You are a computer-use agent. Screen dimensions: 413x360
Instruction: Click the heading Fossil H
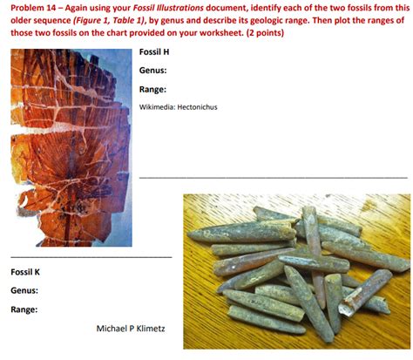coord(154,52)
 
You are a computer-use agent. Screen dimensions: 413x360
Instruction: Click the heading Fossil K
coord(25,272)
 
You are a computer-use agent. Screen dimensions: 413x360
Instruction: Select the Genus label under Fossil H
coord(152,71)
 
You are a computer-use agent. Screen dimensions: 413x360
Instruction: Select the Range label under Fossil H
coord(152,90)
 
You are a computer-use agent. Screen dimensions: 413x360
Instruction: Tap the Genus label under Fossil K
coord(24,290)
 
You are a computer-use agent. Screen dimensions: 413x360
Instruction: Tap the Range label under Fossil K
coord(24,309)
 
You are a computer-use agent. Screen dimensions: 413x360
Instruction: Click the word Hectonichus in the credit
coord(197,107)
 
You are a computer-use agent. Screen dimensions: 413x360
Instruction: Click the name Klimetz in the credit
coord(151,329)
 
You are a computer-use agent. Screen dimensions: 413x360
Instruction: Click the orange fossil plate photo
coord(71,147)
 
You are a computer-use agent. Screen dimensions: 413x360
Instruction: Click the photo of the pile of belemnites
coord(297,271)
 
